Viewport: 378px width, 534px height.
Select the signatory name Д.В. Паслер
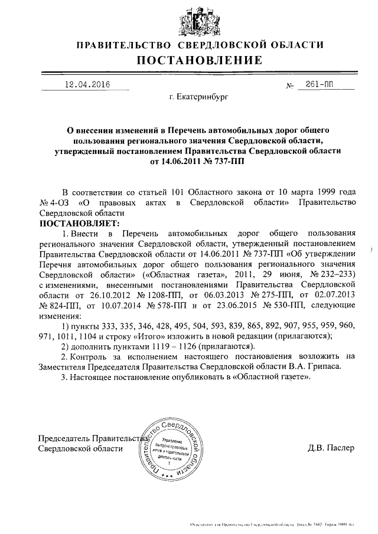[x=331, y=448]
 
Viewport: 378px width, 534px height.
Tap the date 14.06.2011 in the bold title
[x=180, y=161]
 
